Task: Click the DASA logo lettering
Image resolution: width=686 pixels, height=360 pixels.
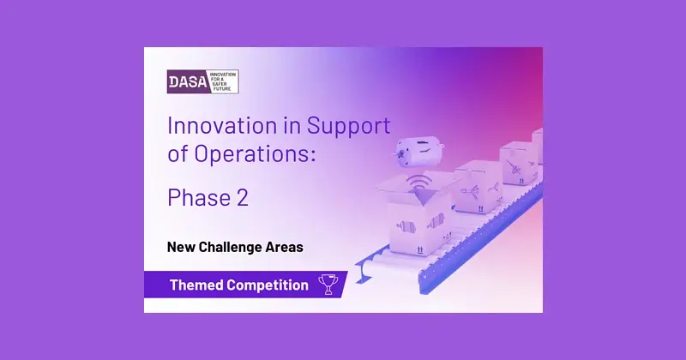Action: (188, 81)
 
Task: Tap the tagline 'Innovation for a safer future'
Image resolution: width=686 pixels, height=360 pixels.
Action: (223, 81)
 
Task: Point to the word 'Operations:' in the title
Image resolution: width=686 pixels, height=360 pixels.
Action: (255, 153)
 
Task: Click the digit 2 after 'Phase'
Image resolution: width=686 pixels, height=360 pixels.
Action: (243, 197)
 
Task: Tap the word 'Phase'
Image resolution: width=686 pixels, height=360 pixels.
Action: (199, 197)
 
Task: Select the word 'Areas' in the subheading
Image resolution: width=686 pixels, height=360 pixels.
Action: (285, 247)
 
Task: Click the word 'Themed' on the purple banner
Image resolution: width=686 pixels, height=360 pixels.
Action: (196, 285)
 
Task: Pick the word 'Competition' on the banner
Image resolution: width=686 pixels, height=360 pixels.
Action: (268, 285)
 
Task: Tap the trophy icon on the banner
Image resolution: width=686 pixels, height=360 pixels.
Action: (328, 285)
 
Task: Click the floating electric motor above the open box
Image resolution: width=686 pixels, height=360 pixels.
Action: (418, 151)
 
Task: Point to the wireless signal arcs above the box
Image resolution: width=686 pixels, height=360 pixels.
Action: (418, 181)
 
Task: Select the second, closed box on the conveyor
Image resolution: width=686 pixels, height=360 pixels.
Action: (478, 187)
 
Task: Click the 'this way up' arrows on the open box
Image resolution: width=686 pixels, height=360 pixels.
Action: (420, 249)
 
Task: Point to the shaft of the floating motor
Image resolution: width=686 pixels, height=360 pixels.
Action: (397, 154)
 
